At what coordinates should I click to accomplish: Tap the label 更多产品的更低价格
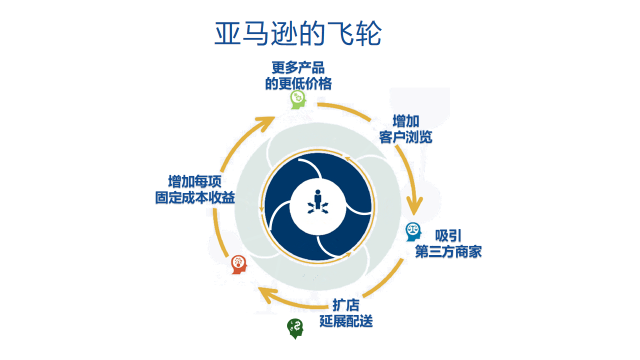pos(299,75)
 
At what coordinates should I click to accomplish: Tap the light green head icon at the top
pos(298,99)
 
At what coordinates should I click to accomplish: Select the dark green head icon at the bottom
pos(295,326)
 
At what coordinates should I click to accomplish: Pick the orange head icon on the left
pos(238,263)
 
